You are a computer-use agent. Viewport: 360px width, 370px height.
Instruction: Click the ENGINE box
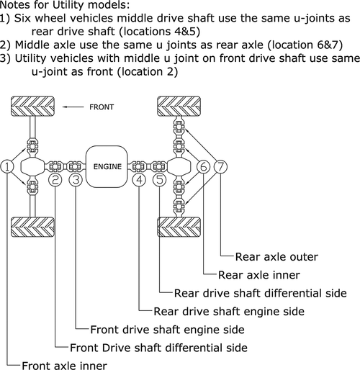pyautogui.click(x=107, y=166)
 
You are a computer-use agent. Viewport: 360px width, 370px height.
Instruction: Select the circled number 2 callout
pyautogui.click(x=55, y=180)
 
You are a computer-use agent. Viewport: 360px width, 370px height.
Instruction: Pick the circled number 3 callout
pyautogui.click(x=75, y=180)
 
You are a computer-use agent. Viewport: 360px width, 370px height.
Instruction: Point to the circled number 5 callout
pyautogui.click(x=159, y=180)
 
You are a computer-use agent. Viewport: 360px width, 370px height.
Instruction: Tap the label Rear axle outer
pyautogui.click(x=276, y=256)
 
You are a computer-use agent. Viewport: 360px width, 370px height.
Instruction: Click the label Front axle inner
pyautogui.click(x=64, y=366)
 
